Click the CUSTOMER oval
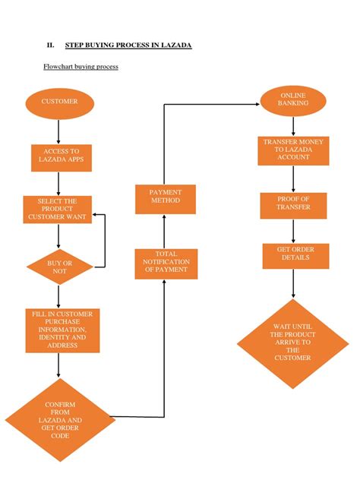[58, 102]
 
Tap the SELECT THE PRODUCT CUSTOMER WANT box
[58, 210]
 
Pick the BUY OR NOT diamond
[58, 267]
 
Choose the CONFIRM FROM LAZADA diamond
[58, 419]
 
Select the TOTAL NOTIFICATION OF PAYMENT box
[166, 262]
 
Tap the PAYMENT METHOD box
[165, 197]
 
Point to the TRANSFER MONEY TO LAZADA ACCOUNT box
[293, 151]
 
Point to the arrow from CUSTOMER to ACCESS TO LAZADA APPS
[58, 131]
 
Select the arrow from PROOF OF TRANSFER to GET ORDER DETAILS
[293, 231]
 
